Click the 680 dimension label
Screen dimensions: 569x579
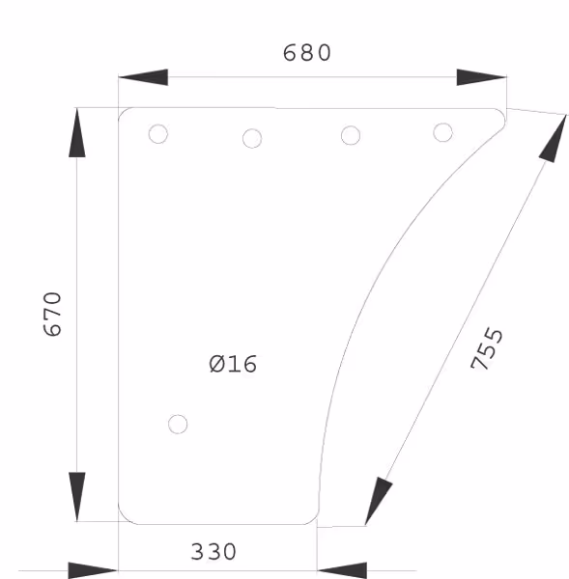point(307,52)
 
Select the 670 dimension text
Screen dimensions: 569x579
point(52,315)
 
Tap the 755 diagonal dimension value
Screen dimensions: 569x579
point(487,348)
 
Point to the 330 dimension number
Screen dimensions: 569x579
point(213,552)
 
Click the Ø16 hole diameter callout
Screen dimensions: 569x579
point(233,364)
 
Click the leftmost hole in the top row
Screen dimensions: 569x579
point(158,134)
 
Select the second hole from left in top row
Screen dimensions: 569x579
point(252,138)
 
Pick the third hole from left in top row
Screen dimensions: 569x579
point(351,135)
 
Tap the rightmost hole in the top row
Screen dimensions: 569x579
point(442,132)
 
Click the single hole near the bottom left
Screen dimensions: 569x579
point(178,425)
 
